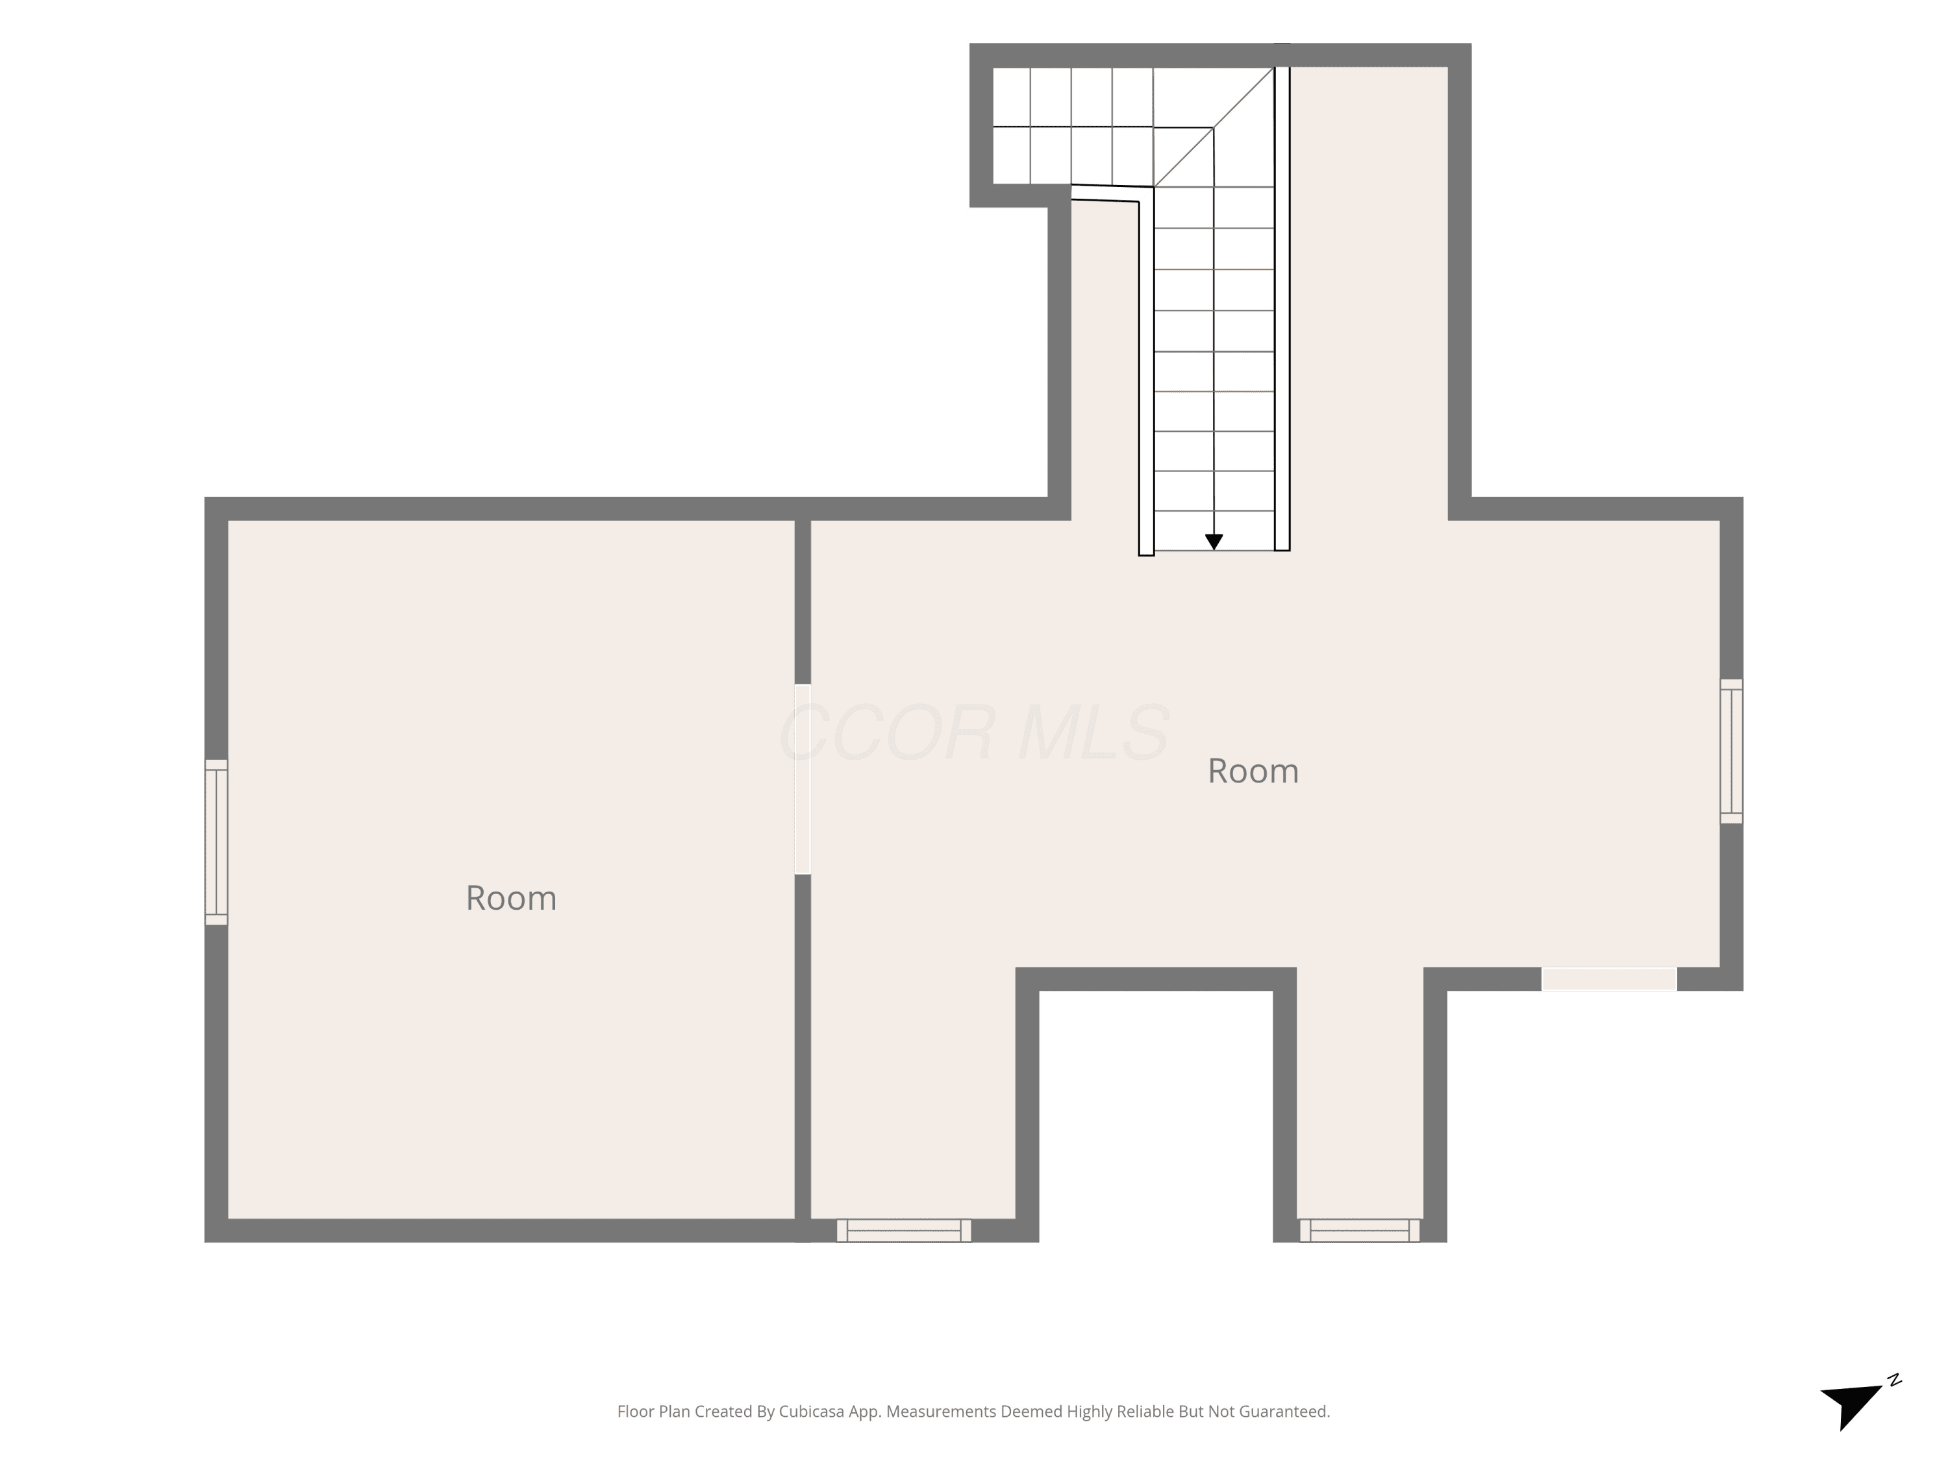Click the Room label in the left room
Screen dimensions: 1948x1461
click(x=511, y=898)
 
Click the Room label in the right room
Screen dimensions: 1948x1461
click(x=1253, y=771)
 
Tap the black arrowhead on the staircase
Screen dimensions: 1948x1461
click(x=1214, y=542)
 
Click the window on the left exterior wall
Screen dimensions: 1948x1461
click(x=217, y=842)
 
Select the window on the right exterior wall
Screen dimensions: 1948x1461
click(x=1731, y=751)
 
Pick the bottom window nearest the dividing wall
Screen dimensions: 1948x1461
click(x=904, y=1230)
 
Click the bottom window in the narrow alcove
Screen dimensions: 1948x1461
click(x=1360, y=1230)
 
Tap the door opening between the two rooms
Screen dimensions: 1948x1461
click(x=803, y=779)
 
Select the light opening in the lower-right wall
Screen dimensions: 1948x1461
click(x=1609, y=979)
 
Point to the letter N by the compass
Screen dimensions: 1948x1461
click(x=1894, y=1380)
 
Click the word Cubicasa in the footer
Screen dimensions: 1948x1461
click(x=810, y=1412)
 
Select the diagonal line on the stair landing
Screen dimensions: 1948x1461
click(x=1214, y=127)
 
